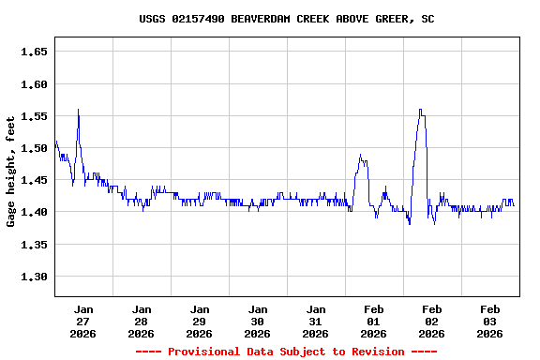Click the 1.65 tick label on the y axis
33,52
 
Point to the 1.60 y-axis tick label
33,84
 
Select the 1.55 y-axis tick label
33,116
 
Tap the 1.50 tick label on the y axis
33,148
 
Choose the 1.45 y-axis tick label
33,180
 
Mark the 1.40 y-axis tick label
33,213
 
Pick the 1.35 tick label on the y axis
33,245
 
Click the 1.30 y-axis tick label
33,277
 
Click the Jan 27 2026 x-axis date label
83,321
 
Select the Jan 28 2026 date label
142,321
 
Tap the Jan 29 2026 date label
200,321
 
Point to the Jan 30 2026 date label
258,321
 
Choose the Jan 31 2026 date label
316,321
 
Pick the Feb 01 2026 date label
374,321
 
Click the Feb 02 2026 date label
432,321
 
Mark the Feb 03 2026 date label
490,321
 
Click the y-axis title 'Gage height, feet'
11,172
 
